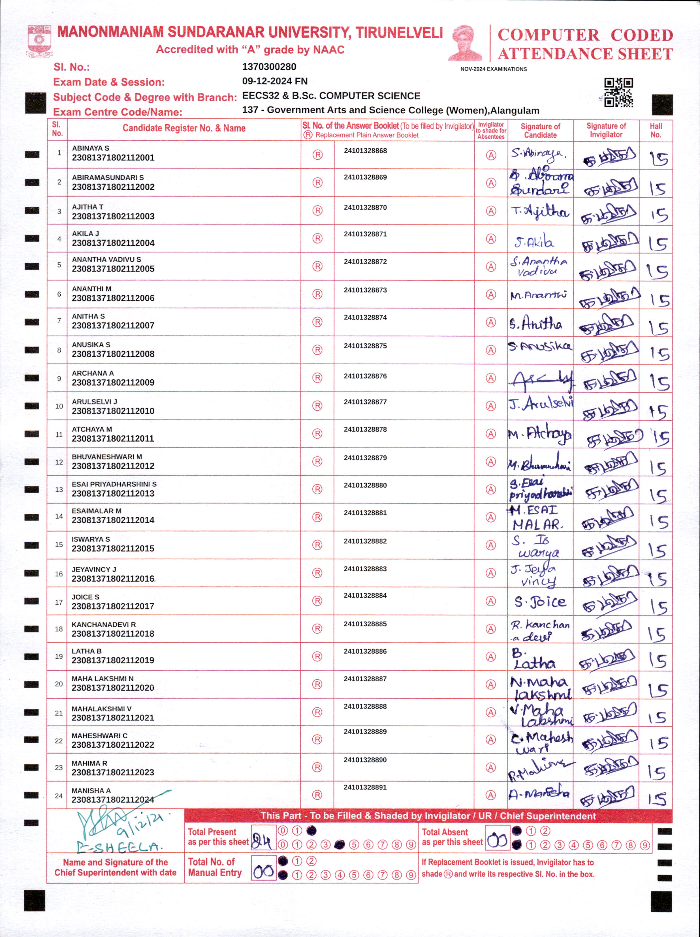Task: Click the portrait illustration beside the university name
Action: (x=465, y=43)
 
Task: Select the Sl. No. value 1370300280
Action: (x=269, y=67)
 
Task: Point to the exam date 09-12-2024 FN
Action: (x=275, y=81)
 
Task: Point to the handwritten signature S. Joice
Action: (x=540, y=602)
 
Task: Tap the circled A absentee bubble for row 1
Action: (x=491, y=155)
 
